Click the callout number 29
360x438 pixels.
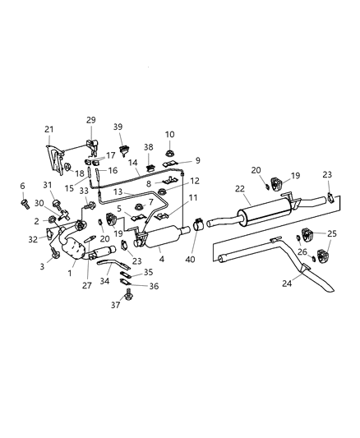(x=90, y=120)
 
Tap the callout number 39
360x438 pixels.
(x=118, y=127)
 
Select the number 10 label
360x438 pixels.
(x=169, y=134)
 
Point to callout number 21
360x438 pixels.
(x=49, y=130)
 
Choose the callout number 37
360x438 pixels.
(x=116, y=305)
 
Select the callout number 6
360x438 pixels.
(x=22, y=186)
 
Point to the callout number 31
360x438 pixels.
(x=48, y=184)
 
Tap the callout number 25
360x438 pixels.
(x=332, y=233)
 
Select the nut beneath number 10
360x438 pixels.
(x=170, y=150)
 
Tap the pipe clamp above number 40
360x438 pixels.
(x=197, y=222)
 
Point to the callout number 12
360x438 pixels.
(x=194, y=181)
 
